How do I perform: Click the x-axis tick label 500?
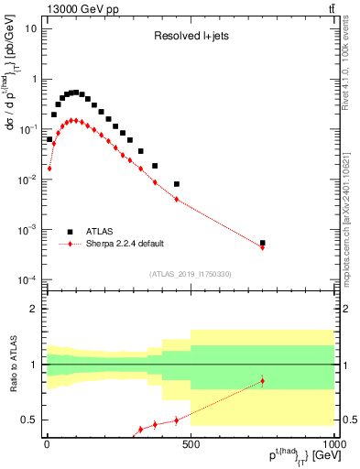point(191,443)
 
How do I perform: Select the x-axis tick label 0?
point(47,443)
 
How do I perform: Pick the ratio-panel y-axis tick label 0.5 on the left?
point(28,420)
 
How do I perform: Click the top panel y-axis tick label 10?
point(30,28)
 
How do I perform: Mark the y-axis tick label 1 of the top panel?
point(34,79)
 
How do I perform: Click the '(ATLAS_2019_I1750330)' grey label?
point(191,273)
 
